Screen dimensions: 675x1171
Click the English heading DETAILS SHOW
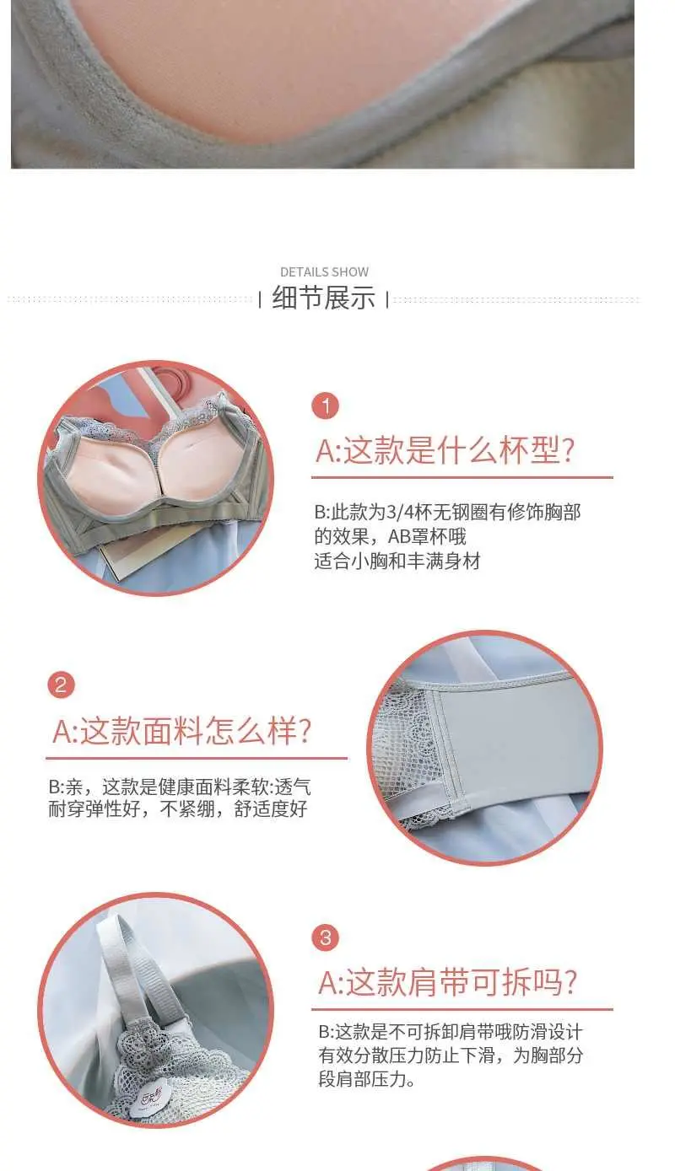324,271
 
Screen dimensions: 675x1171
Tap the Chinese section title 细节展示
324,298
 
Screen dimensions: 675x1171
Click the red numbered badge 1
326,406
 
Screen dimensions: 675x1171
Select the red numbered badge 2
62,685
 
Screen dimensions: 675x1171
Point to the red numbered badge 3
326,937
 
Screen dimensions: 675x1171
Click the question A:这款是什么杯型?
445,449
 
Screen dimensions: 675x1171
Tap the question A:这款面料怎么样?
182,730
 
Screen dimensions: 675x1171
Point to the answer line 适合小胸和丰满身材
397,561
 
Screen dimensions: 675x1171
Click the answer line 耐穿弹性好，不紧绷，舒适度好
178,808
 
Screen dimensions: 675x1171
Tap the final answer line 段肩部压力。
367,1078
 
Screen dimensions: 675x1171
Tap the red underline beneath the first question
462,477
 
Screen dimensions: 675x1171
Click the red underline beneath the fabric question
197,758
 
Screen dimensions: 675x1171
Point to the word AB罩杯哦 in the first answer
427,537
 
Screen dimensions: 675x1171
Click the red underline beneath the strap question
462,1009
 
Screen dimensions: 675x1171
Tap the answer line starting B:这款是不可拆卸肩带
450,1031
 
